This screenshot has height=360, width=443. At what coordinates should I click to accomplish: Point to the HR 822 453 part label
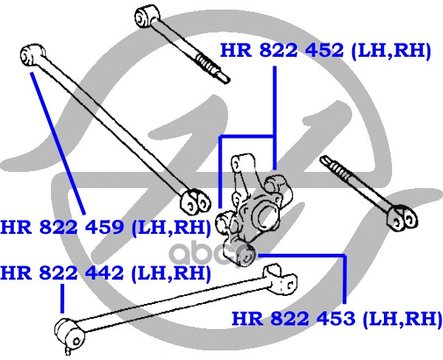click(x=337, y=319)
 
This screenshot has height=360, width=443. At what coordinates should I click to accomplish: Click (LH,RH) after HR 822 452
click(x=391, y=51)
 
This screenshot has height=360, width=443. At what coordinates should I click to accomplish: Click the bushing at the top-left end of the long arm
click(x=32, y=53)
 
